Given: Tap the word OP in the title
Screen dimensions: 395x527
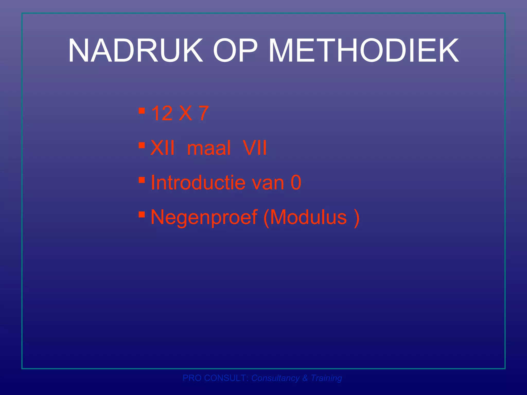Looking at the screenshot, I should pos(235,51).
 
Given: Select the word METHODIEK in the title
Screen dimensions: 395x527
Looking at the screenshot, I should pos(363,51).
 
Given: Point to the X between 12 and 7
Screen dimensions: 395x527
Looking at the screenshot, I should pos(185,113).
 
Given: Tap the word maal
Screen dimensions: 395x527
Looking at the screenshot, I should pos(209,148).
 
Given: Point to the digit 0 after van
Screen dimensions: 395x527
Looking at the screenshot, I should pos(296,183).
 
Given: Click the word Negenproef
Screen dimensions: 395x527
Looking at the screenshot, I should pos(204,218).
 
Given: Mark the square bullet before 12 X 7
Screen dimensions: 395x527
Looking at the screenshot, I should pos(142,111).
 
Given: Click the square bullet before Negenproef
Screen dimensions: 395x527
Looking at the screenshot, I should pos(142,214).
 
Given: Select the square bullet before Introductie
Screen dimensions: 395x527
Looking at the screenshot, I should pos(142,179).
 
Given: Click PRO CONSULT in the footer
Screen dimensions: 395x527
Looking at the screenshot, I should pos(215,378).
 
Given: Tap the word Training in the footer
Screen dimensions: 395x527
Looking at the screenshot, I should pos(326,378).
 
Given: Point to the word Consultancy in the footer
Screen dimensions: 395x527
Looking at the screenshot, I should pos(275,378).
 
